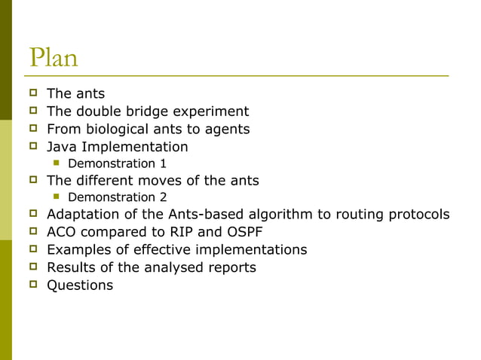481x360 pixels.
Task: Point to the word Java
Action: (62, 146)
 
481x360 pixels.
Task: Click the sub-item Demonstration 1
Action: (117, 163)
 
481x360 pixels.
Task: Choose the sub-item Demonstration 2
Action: (117, 197)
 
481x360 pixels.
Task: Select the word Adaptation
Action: (83, 215)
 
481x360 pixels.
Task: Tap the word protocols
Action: (418, 215)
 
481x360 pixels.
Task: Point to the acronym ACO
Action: (62, 232)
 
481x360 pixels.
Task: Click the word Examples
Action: (79, 249)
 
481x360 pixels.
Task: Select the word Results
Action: (71, 267)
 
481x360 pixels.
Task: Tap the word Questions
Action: (80, 285)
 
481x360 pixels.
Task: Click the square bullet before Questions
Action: (33, 285)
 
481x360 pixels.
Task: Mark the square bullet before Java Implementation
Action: (33, 146)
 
